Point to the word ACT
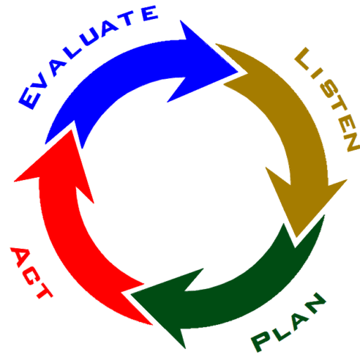pos(30,272)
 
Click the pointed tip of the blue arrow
pos(238,72)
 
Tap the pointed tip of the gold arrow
pos(297,237)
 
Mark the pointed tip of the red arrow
pos(71,130)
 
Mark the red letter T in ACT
pos(44,292)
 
